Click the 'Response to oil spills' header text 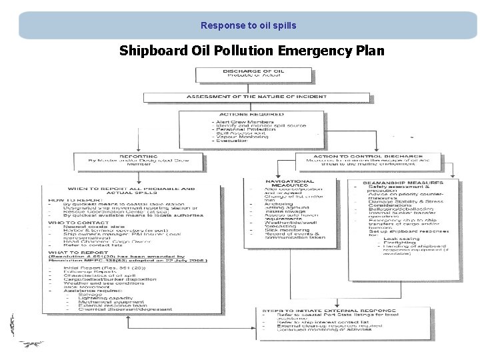[248, 26]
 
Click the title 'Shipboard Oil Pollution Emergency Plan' [252, 51]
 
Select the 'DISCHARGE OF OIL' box [247, 71]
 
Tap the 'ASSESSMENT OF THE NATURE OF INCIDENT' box [247, 97]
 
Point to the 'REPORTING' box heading [139, 157]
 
